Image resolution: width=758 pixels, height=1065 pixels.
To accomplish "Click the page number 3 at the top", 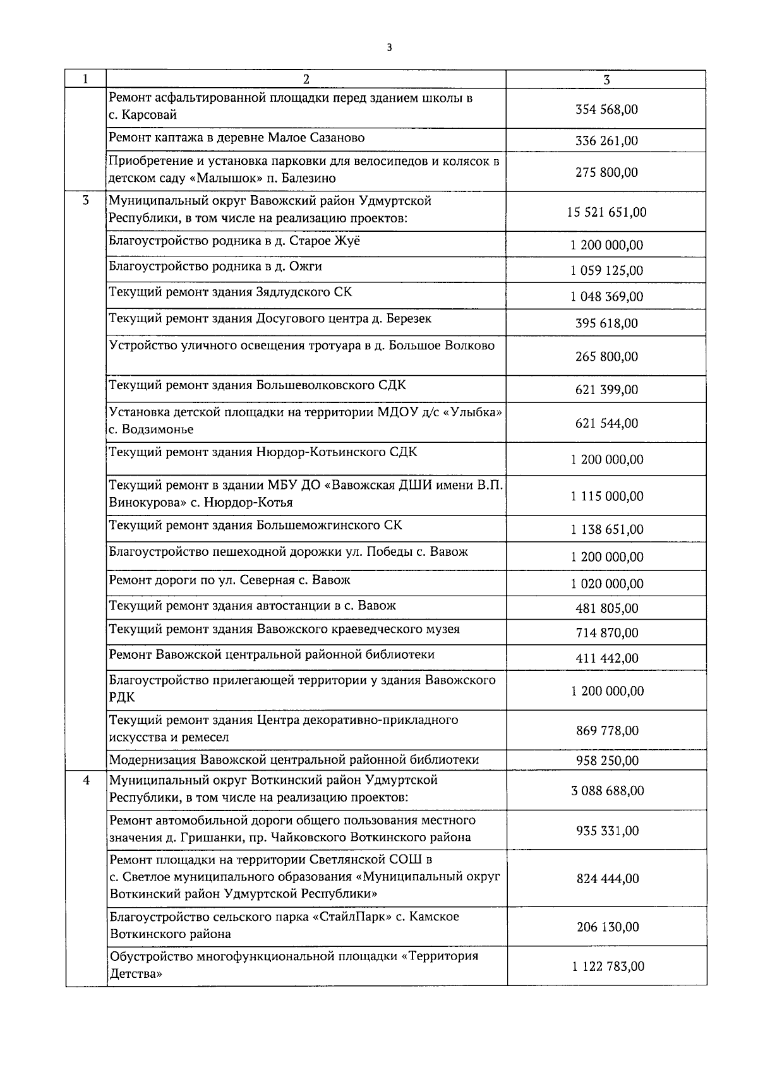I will [389, 47].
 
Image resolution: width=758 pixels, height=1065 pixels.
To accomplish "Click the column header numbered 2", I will [306, 80].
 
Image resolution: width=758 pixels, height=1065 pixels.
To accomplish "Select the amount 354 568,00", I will [606, 109].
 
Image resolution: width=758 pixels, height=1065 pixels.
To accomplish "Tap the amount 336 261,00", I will [606, 140].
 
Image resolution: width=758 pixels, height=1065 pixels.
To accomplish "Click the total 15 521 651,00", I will [606, 212].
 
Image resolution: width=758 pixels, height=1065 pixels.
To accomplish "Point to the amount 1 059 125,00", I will [606, 270].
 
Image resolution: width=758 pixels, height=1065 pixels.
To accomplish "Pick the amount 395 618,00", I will [606, 323].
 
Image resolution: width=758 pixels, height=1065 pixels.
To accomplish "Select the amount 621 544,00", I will [606, 423].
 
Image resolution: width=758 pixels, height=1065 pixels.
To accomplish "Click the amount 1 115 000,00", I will [606, 496].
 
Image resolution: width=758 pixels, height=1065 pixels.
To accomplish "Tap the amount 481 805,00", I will [606, 608].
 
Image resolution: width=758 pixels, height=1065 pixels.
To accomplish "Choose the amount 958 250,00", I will [606, 761].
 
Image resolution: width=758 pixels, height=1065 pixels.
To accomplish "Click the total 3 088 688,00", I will [606, 791].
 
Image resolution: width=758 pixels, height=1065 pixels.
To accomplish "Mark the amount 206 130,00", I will [606, 927].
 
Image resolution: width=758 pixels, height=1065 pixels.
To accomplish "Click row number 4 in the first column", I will [86, 781].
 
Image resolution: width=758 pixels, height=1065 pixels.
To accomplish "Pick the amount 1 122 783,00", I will [606, 966].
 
